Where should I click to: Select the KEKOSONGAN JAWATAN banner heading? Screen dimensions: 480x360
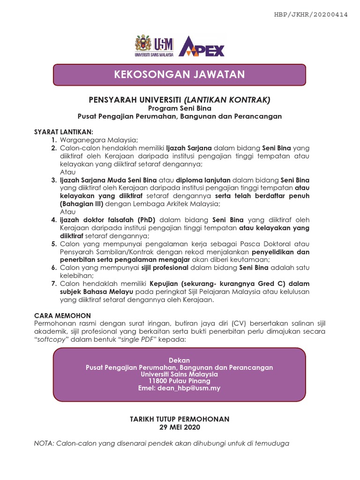click(180, 74)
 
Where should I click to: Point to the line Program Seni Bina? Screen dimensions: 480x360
click(180, 108)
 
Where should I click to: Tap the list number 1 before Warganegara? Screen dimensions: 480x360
click(54, 140)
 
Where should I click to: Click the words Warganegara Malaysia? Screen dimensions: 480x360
click(98, 140)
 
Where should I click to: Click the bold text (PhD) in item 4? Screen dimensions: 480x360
click(146, 219)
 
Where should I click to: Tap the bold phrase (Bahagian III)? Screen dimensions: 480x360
click(82, 203)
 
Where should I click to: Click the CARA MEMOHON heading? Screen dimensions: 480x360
click(63, 315)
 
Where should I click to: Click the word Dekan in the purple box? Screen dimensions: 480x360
click(180, 360)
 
